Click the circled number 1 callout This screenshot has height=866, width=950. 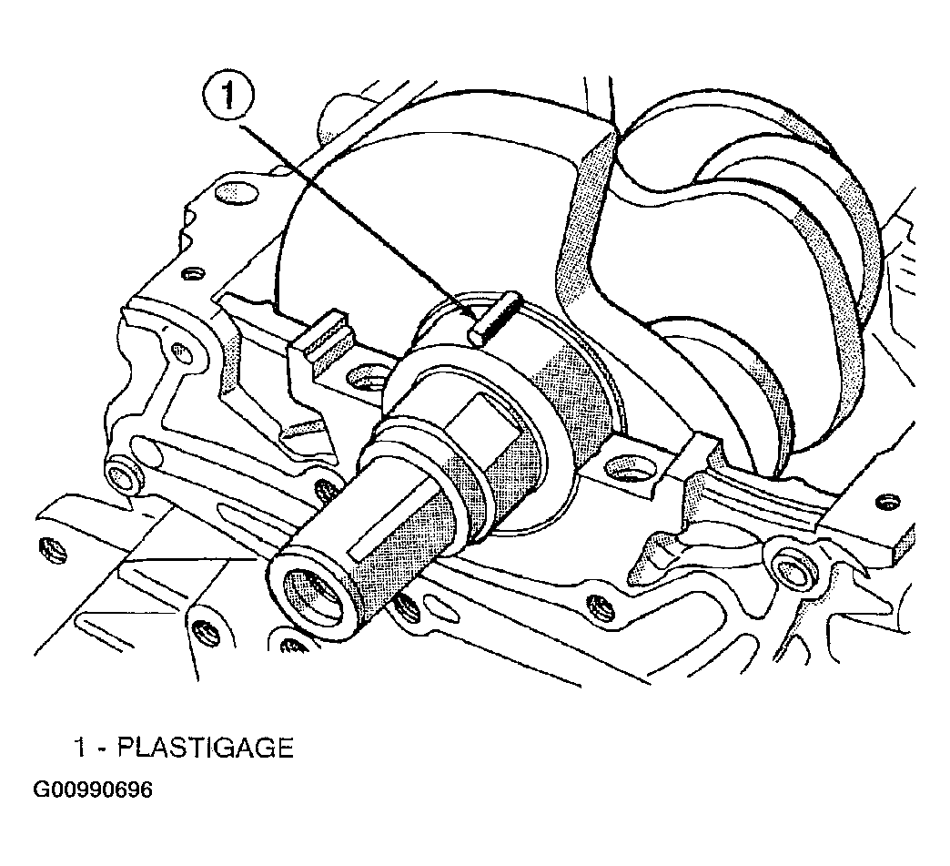pyautogui.click(x=228, y=96)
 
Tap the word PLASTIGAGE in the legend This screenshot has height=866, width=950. pyautogui.click(x=206, y=748)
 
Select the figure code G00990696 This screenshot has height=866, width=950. pyautogui.click(x=93, y=790)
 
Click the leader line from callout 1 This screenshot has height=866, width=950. pyautogui.click(x=358, y=220)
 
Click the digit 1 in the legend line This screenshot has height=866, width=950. pyautogui.click(x=80, y=748)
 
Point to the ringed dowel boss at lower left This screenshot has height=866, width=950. pyautogui.click(x=121, y=473)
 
